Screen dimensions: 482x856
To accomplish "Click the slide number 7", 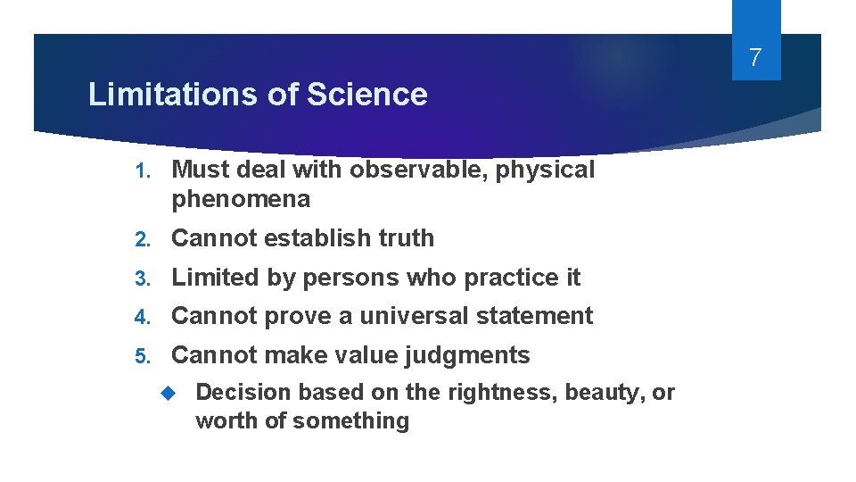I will [755, 59].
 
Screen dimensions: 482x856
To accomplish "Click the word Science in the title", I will [367, 95].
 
